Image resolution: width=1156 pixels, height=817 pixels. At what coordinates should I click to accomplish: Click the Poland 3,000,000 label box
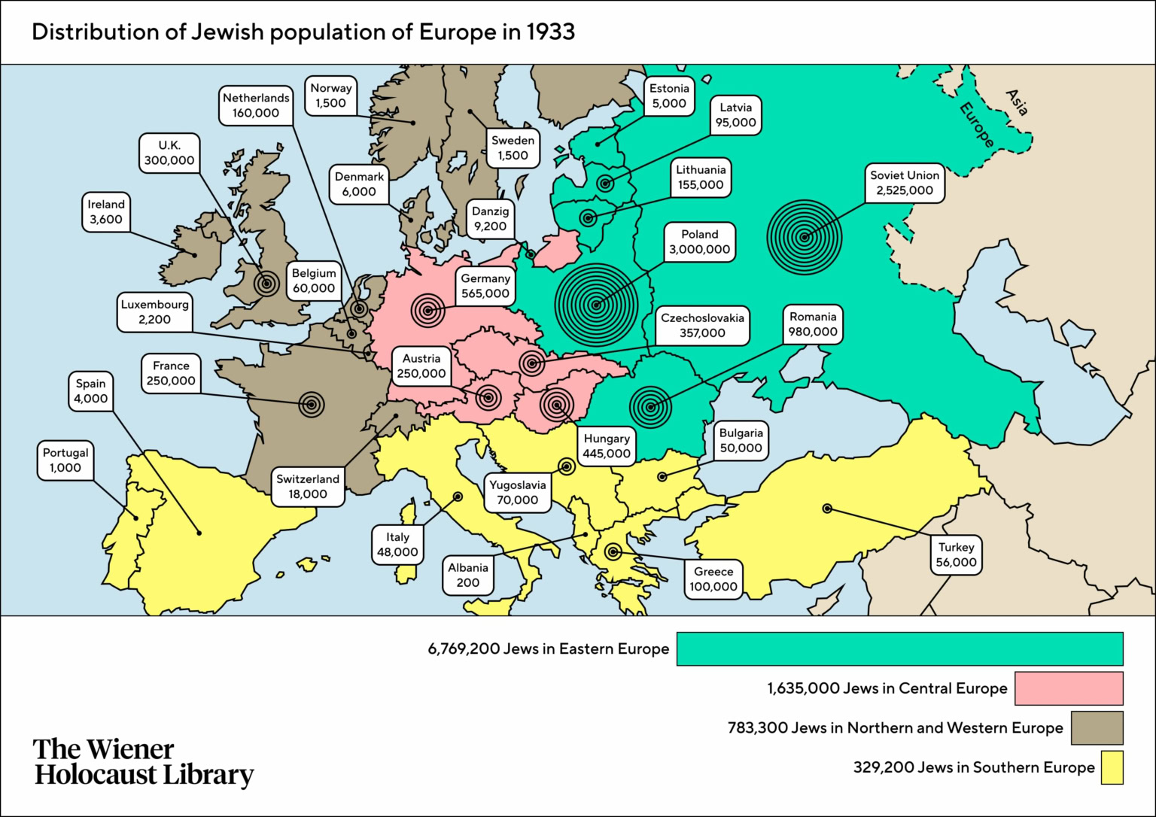pos(699,242)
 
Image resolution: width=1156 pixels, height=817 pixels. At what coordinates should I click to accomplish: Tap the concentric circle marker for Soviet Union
pos(804,238)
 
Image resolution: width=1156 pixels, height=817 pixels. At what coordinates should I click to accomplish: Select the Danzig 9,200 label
pos(490,219)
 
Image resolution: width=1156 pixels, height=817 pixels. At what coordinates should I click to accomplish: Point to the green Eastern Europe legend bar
pos(899,649)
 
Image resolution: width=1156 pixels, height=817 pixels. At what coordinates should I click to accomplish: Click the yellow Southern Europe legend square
pos(1112,767)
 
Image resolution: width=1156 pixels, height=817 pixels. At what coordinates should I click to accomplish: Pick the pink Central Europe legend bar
pos(1068,688)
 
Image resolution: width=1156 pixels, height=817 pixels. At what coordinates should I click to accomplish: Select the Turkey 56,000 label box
pos(956,555)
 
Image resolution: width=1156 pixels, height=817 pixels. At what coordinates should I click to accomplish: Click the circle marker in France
pos(311,404)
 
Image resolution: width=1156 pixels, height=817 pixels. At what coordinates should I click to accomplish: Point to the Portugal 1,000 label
pos(65,460)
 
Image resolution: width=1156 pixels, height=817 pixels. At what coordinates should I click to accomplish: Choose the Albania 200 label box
pos(468,576)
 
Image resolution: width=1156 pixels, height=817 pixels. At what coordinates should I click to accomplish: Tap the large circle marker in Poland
pos(596,305)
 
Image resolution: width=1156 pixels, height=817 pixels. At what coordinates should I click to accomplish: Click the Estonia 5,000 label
pos(669,96)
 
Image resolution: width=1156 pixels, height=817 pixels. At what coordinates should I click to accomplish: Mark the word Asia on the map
pos(1016,102)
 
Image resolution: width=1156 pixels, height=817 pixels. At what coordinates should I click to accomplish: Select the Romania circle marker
pos(650,407)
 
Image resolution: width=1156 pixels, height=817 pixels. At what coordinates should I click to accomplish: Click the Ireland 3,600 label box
pos(106,212)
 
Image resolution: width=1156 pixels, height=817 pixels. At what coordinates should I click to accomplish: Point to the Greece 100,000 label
pos(713,579)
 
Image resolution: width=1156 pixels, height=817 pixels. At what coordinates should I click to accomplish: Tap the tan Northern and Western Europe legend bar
pos(1097,728)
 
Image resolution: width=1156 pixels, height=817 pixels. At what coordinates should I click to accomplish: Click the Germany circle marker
pos(427,310)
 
